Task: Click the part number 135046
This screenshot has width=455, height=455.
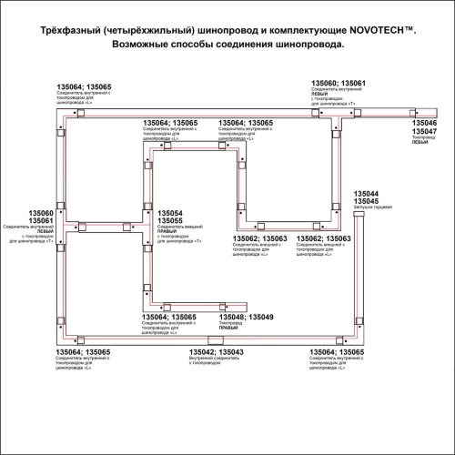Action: [424, 122]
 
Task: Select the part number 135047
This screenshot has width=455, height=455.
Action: [424, 131]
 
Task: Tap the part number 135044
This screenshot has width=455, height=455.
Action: [366, 194]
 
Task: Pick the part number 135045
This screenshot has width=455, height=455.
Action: [366, 202]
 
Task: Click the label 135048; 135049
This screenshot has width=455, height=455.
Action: [247, 318]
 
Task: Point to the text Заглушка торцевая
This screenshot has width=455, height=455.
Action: [371, 209]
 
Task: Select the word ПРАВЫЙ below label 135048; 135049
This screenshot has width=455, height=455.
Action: [230, 330]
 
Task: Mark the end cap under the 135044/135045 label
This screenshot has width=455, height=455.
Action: [357, 221]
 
